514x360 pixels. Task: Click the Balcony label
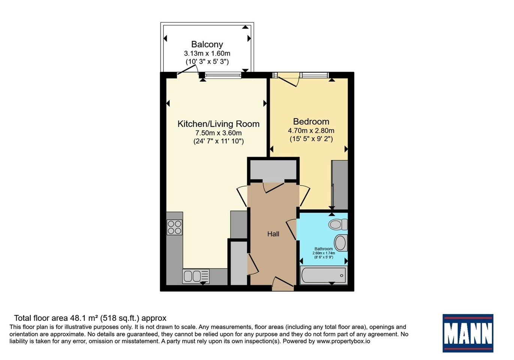pyautogui.click(x=207, y=44)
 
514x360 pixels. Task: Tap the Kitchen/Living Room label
pyautogui.click(x=219, y=124)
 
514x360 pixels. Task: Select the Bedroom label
pyautogui.click(x=311, y=121)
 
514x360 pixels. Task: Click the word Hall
pyautogui.click(x=273, y=234)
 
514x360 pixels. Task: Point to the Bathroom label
pyautogui.click(x=323, y=249)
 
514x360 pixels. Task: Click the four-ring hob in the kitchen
pyautogui.click(x=175, y=227)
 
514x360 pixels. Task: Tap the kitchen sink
pyautogui.click(x=196, y=276)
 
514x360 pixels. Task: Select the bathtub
pyautogui.click(x=324, y=275)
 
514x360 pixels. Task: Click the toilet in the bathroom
pyautogui.click(x=338, y=224)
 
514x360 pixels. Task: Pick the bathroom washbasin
pyautogui.click(x=341, y=243)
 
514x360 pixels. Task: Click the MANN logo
pyautogui.click(x=468, y=333)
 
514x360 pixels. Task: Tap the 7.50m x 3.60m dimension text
pyautogui.click(x=219, y=133)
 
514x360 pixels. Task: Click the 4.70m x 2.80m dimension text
pyautogui.click(x=311, y=130)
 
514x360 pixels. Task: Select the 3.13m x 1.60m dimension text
pyautogui.click(x=207, y=53)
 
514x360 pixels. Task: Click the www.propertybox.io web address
pyautogui.click(x=343, y=341)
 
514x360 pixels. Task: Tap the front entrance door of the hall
pyautogui.click(x=283, y=284)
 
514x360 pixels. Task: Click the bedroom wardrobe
pyautogui.click(x=340, y=185)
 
